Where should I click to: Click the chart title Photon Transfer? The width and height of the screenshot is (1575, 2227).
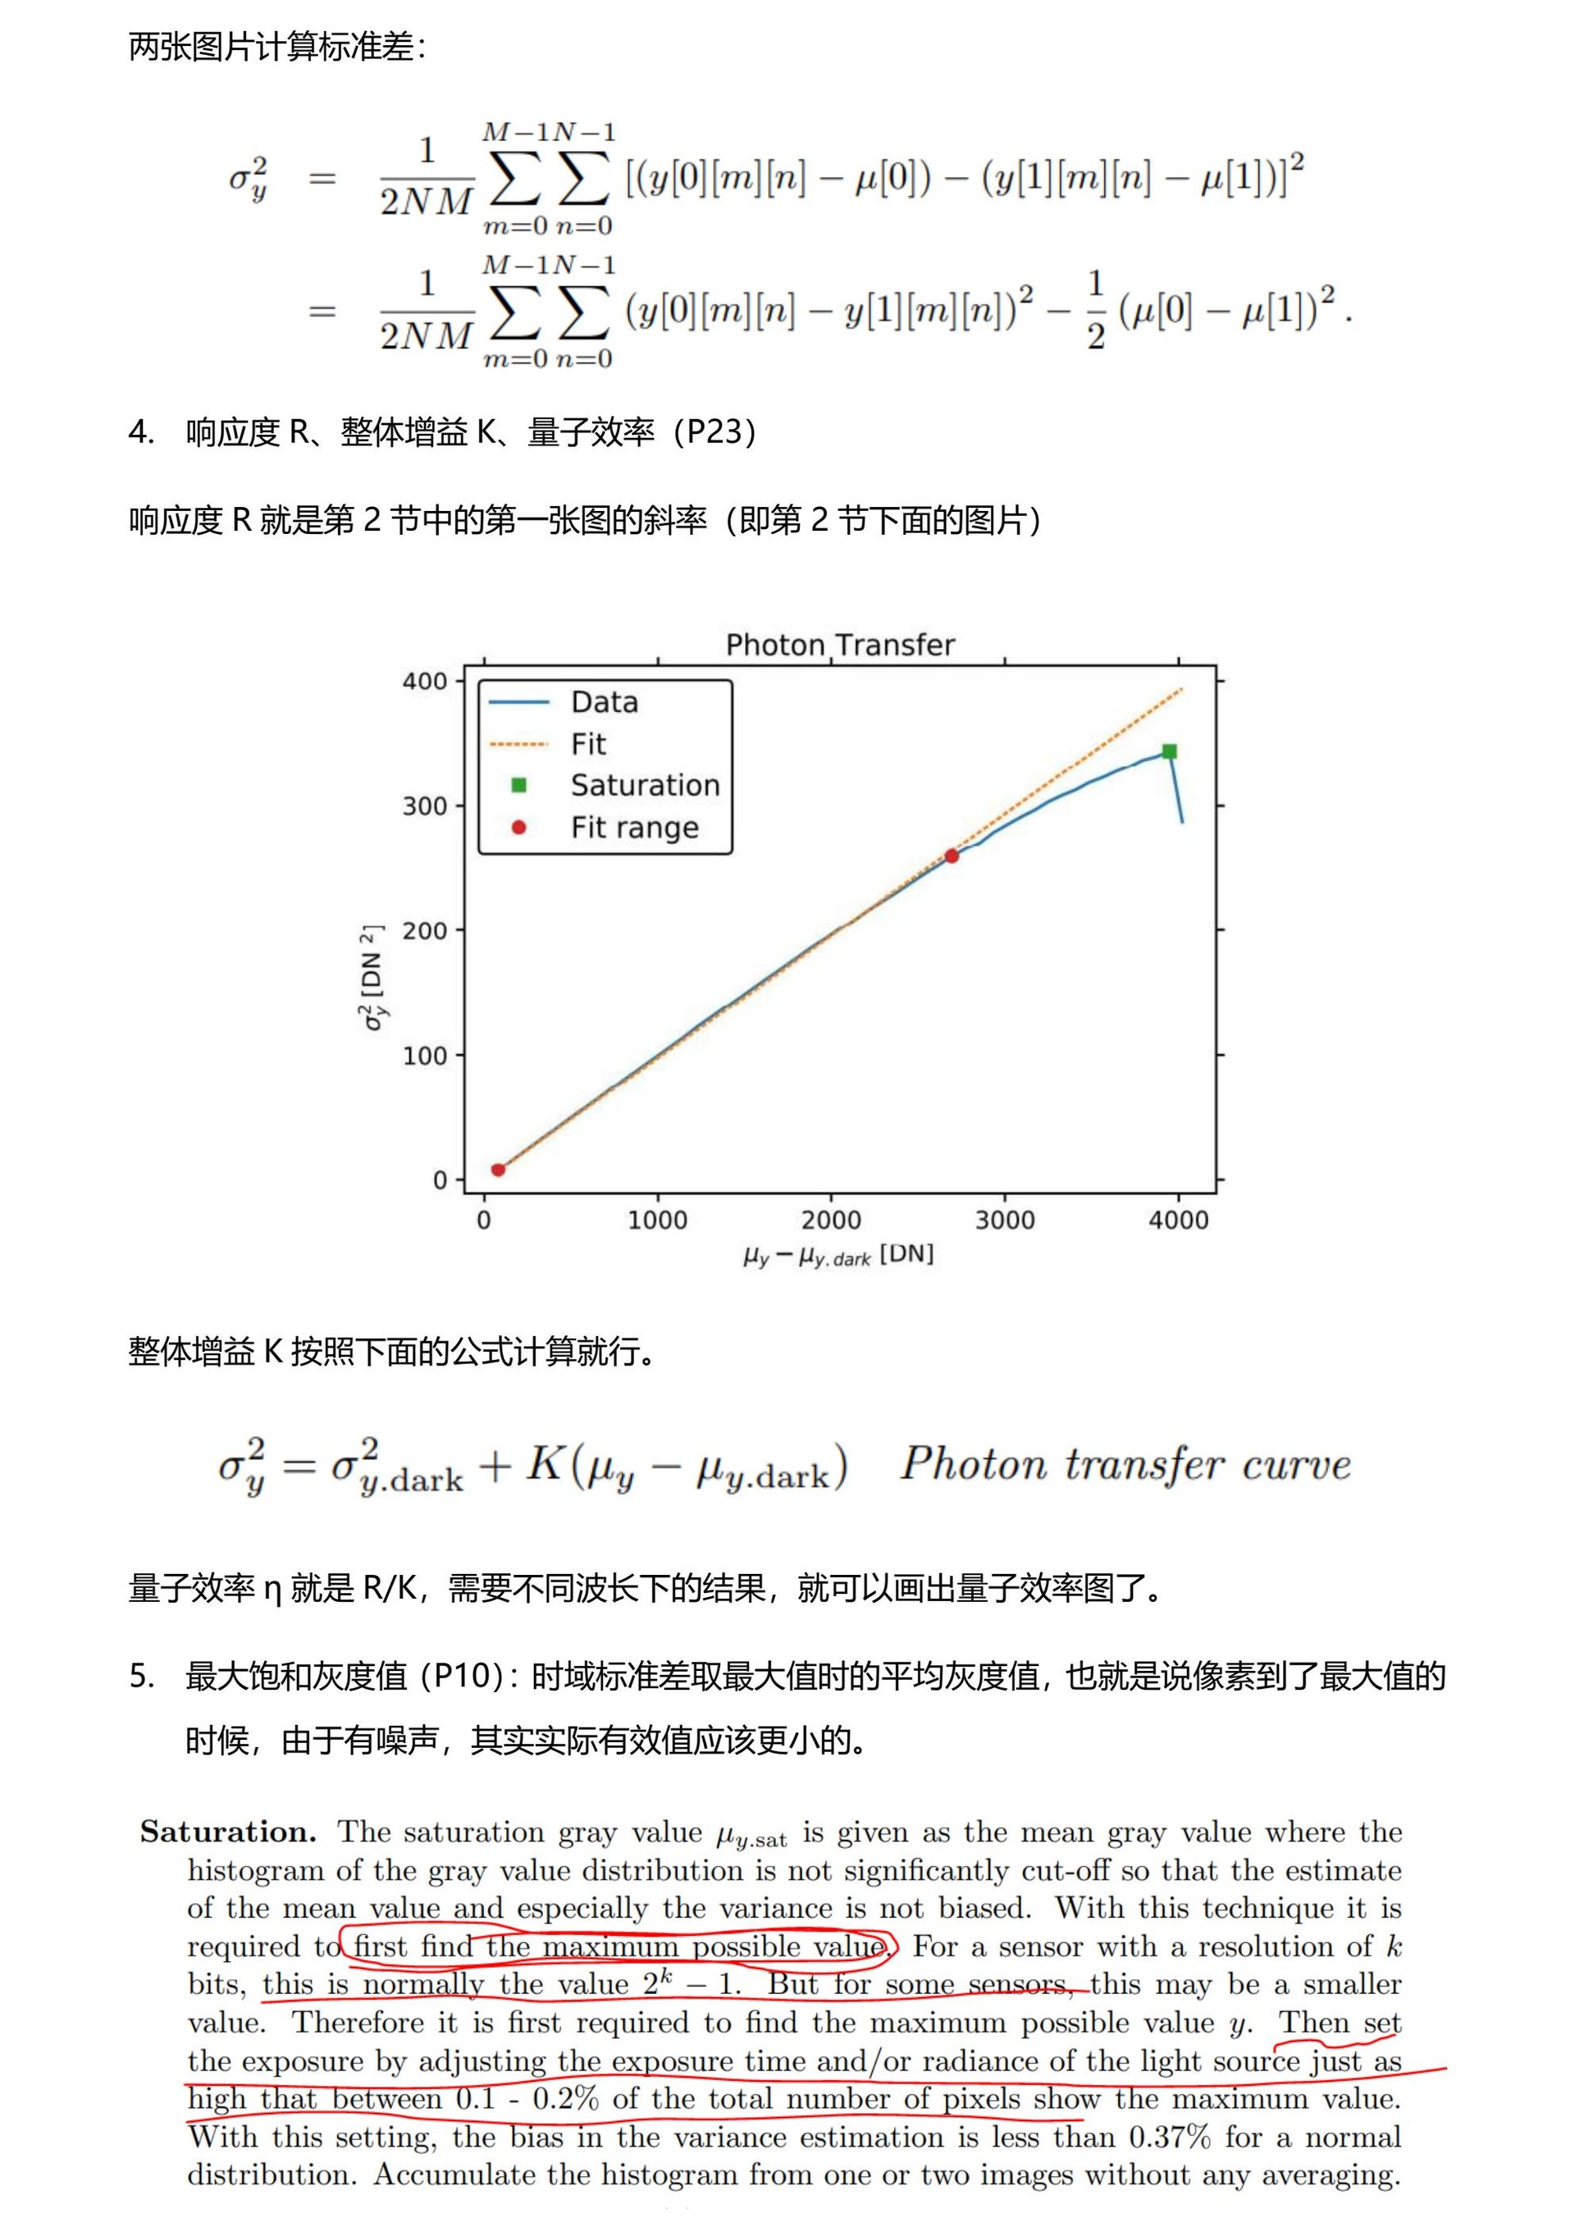click(x=840, y=645)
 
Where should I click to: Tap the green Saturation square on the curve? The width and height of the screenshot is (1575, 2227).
click(x=1170, y=751)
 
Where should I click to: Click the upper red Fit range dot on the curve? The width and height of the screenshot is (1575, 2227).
click(x=952, y=856)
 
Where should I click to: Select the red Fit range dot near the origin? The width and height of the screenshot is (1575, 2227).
click(x=498, y=1170)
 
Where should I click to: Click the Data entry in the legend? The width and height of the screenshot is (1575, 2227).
click(x=605, y=702)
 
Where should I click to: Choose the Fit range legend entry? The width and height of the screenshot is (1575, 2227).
click(x=634, y=828)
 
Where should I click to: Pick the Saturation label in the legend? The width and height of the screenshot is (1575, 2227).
click(x=645, y=785)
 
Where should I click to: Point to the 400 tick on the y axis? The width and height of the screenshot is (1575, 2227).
click(x=425, y=681)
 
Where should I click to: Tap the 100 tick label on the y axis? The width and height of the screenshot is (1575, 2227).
click(x=425, y=1056)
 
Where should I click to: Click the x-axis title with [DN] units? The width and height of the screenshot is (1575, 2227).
click(x=838, y=1254)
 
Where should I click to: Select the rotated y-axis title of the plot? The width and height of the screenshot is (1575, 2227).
click(x=373, y=978)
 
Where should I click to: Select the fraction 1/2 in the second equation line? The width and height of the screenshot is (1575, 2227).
click(x=1096, y=310)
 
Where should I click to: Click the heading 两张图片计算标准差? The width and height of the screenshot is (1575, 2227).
click(x=276, y=47)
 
